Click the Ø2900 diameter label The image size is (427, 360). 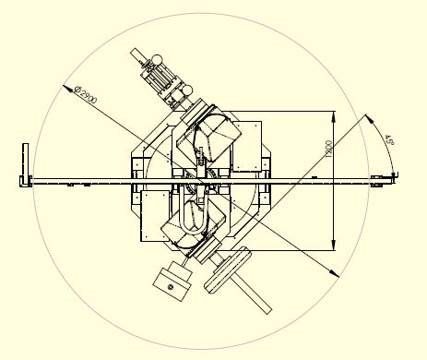[x=86, y=96]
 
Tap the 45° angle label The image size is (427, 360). [x=389, y=140]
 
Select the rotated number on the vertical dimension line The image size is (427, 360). [x=328, y=150]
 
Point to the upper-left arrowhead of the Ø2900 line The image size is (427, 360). [x=66, y=88]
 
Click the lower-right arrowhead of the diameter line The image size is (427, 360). [x=335, y=273]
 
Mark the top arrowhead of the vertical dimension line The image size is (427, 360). [x=334, y=116]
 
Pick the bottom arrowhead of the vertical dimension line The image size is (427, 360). [x=334, y=245]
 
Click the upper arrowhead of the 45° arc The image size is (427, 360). [x=370, y=118]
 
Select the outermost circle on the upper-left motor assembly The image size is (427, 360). [x=157, y=59]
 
